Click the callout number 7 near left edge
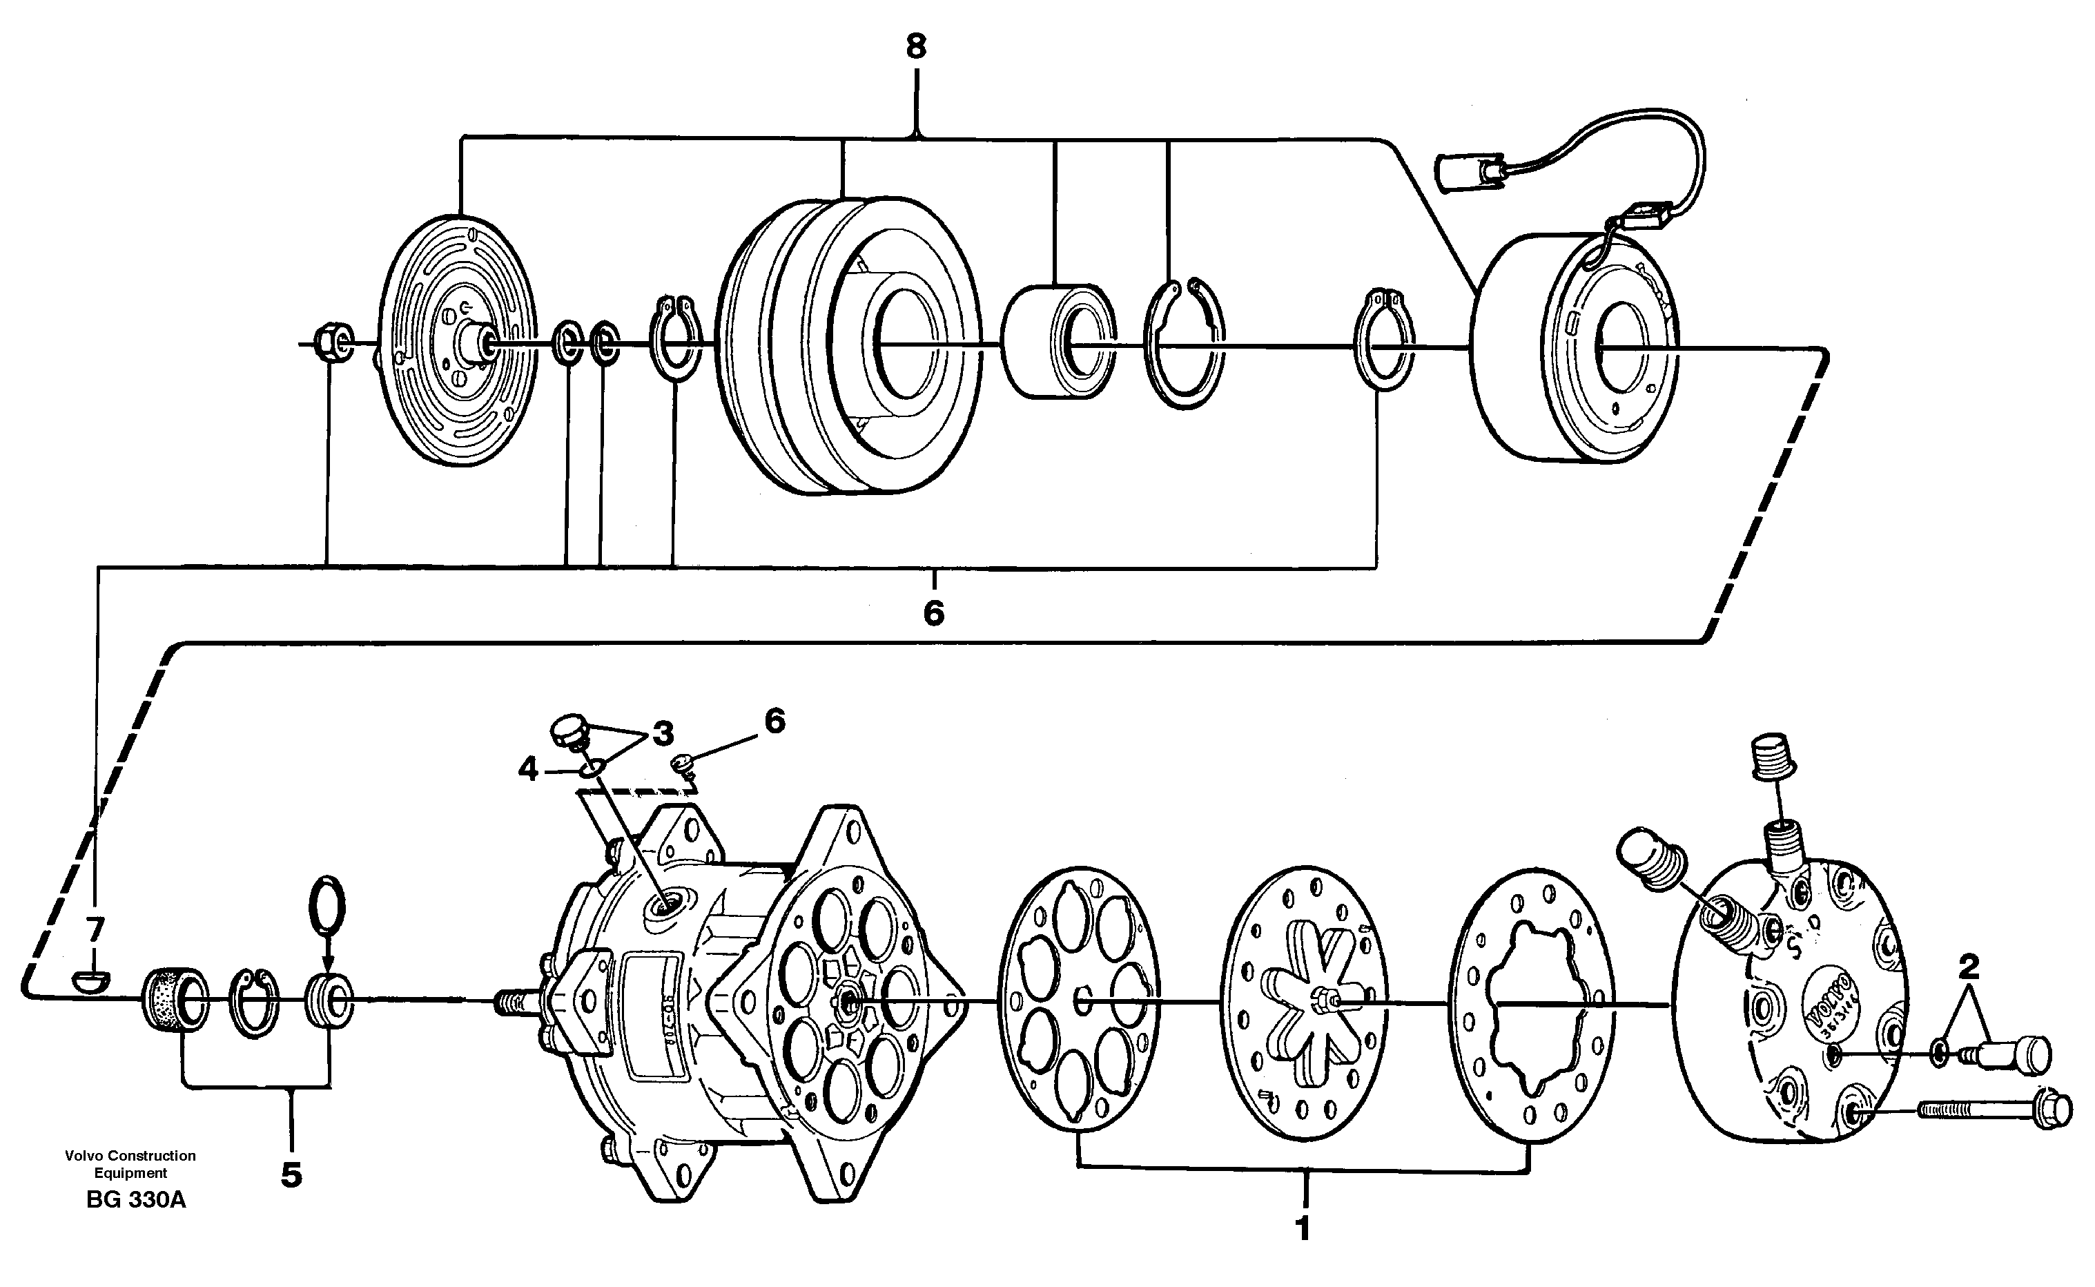(95, 927)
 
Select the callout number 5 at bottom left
(291, 1176)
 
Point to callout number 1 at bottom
(1302, 1229)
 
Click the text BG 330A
(136, 1200)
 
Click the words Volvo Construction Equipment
(130, 1163)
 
